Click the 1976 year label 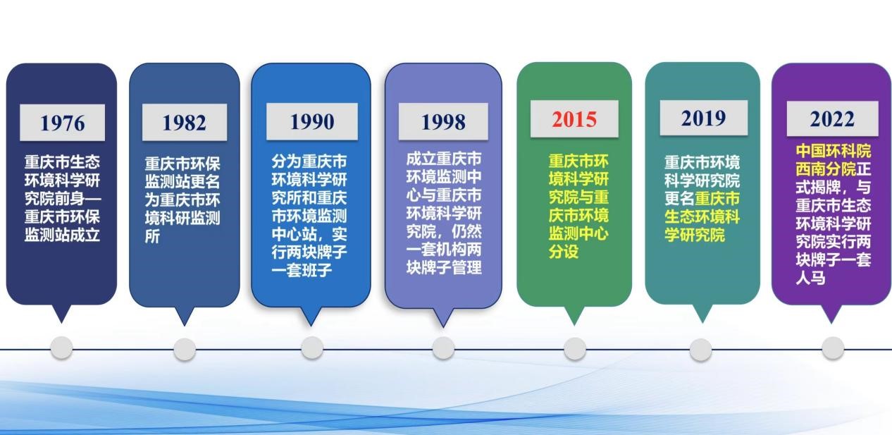tap(63, 123)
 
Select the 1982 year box tap(185, 122)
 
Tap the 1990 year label tap(312, 121)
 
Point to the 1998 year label tap(443, 121)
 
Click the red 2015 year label tap(574, 119)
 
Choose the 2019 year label tap(704, 118)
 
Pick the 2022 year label tap(832, 118)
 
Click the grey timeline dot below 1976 tap(62, 348)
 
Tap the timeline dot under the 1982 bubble tap(185, 350)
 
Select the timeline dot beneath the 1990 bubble tap(312, 348)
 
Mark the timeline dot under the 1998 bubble tap(443, 348)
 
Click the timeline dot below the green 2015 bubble tap(575, 348)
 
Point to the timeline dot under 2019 tap(701, 350)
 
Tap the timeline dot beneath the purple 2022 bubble tap(833, 348)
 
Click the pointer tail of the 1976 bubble tap(62, 314)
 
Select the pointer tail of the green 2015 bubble tap(574, 315)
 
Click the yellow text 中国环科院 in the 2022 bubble tap(834, 151)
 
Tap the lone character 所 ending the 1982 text tap(152, 236)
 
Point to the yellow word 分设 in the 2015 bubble tap(564, 252)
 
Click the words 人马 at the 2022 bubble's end tap(811, 278)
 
